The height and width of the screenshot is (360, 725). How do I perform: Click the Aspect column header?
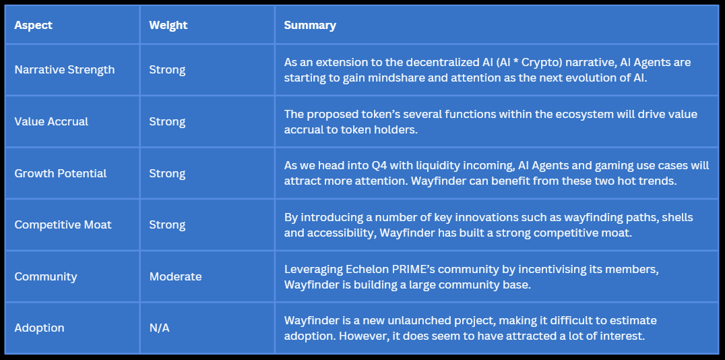coord(33,25)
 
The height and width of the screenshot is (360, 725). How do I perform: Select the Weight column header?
coord(168,25)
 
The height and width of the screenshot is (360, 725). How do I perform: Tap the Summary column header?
coord(310,25)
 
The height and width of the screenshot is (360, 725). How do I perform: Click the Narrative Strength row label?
coord(64,69)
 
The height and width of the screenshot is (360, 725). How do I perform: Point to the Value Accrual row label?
coord(51,121)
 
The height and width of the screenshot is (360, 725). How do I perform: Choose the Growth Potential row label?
coord(61,173)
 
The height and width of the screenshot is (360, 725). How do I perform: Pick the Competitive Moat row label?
coord(63,225)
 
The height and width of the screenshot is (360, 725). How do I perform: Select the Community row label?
coord(46,276)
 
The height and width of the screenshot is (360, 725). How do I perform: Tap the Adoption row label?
coord(39,328)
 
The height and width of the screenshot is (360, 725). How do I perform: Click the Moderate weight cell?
coord(175,276)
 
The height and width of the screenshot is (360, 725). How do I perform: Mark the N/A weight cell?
coord(159,328)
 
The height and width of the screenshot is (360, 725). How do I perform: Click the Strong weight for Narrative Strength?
coord(167,69)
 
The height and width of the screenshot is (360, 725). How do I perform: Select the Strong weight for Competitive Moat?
coord(167,225)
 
